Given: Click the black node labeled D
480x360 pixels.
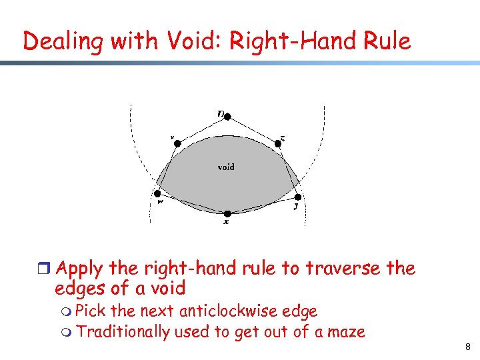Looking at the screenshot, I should [x=227, y=117].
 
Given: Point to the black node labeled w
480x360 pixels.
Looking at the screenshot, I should [x=158, y=194].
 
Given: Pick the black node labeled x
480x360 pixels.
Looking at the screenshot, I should [x=227, y=213].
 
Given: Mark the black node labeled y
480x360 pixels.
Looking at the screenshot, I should [x=298, y=197].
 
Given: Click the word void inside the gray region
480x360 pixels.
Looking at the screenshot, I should [x=226, y=167].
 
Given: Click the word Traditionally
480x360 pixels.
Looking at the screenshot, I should [x=124, y=331].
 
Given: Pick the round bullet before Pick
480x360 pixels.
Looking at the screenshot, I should [x=68, y=311].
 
